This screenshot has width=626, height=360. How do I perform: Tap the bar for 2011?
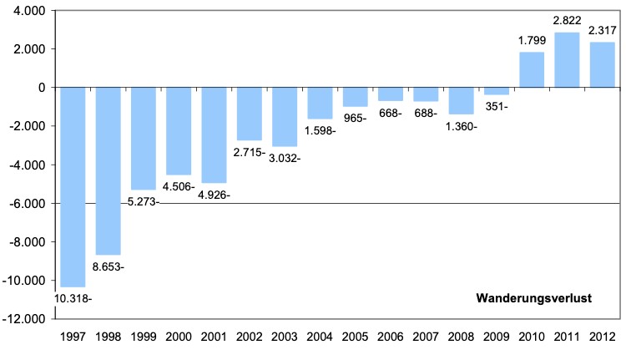pyautogui.click(x=567, y=59)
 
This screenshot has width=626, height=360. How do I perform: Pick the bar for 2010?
pyautogui.click(x=532, y=69)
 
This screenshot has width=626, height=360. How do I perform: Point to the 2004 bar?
pyautogui.click(x=320, y=103)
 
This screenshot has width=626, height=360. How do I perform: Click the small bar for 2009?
pyautogui.click(x=497, y=91)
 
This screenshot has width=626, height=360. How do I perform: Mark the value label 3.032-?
pyautogui.click(x=286, y=158)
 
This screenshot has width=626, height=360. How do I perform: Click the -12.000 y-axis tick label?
pyautogui.click(x=25, y=319)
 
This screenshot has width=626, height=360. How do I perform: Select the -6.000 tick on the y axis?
pyautogui.click(x=28, y=204)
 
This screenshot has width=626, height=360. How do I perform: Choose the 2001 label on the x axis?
pyautogui.click(x=214, y=337)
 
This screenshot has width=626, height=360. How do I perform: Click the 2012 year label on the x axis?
pyautogui.click(x=602, y=337)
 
